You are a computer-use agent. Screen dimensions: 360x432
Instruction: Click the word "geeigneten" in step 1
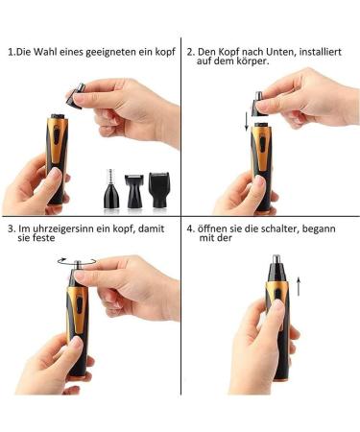pyautogui.click(x=111, y=53)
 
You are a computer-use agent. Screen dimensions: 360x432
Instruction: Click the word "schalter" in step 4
pyautogui.click(x=280, y=229)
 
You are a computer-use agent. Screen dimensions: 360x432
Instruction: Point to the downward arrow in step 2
pyautogui.click(x=247, y=122)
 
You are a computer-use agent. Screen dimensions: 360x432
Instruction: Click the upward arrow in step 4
pyautogui.click(x=299, y=287)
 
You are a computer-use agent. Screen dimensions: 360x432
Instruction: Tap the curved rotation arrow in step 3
pyautogui.click(x=77, y=261)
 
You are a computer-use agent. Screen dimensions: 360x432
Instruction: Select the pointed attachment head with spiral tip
pyautogui.click(x=112, y=188)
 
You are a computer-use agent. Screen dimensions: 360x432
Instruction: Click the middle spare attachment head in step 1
pyautogui.click(x=133, y=191)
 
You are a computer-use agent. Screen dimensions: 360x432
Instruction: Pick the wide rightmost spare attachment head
pyautogui.click(x=159, y=190)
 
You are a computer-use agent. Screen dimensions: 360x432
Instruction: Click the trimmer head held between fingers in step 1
pyautogui.click(x=76, y=96)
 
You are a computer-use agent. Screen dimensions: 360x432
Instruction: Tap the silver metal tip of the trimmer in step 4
pyautogui.click(x=276, y=259)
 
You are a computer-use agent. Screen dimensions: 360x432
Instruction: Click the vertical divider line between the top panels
pyautogui.click(x=181, y=127)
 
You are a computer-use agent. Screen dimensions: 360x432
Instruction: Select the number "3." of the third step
pyautogui.click(x=12, y=229)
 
